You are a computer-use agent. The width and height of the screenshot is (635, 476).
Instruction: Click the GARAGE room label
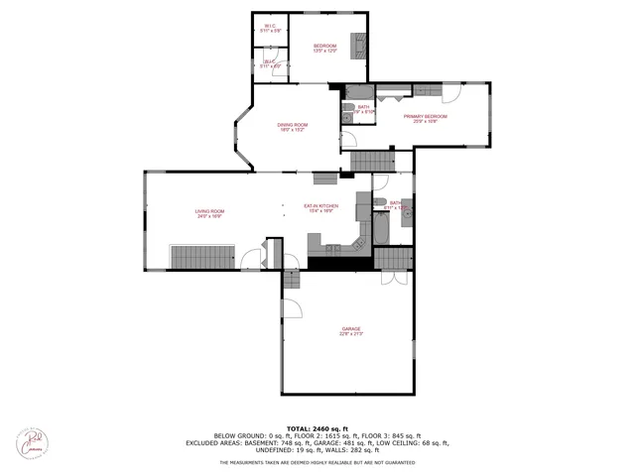click(351, 328)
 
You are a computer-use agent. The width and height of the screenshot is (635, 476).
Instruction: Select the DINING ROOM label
click(292, 124)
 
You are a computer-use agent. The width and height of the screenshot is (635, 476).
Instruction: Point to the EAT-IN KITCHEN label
click(320, 206)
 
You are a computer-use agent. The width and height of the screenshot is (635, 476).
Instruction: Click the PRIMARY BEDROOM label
click(425, 116)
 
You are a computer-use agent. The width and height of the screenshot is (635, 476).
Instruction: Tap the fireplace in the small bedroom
click(364, 46)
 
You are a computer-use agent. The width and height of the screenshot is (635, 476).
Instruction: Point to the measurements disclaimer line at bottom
click(317, 463)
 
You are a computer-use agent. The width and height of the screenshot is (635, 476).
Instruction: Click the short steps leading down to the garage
click(292, 281)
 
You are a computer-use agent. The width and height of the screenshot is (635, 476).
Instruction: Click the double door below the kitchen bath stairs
click(393, 277)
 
